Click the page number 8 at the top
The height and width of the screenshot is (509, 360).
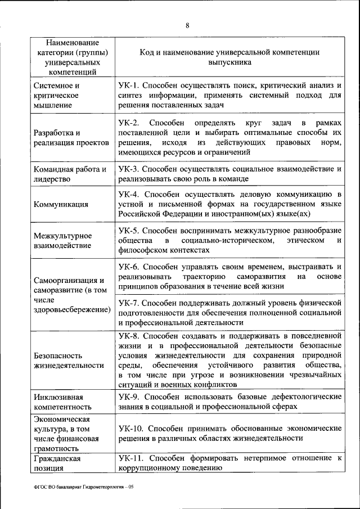click(x=187, y=25)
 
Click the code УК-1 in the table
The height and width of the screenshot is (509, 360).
click(x=128, y=85)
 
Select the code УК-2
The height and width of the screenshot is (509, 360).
click(x=128, y=123)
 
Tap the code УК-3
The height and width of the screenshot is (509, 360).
click(x=128, y=169)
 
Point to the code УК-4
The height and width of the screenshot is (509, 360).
click(x=128, y=194)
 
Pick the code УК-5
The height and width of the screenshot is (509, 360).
click(x=128, y=231)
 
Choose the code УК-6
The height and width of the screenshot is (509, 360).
click(x=128, y=267)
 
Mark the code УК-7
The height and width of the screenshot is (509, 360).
click(x=128, y=303)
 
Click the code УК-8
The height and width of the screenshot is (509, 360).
click(x=128, y=336)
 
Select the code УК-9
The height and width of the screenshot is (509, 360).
click(x=128, y=397)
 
